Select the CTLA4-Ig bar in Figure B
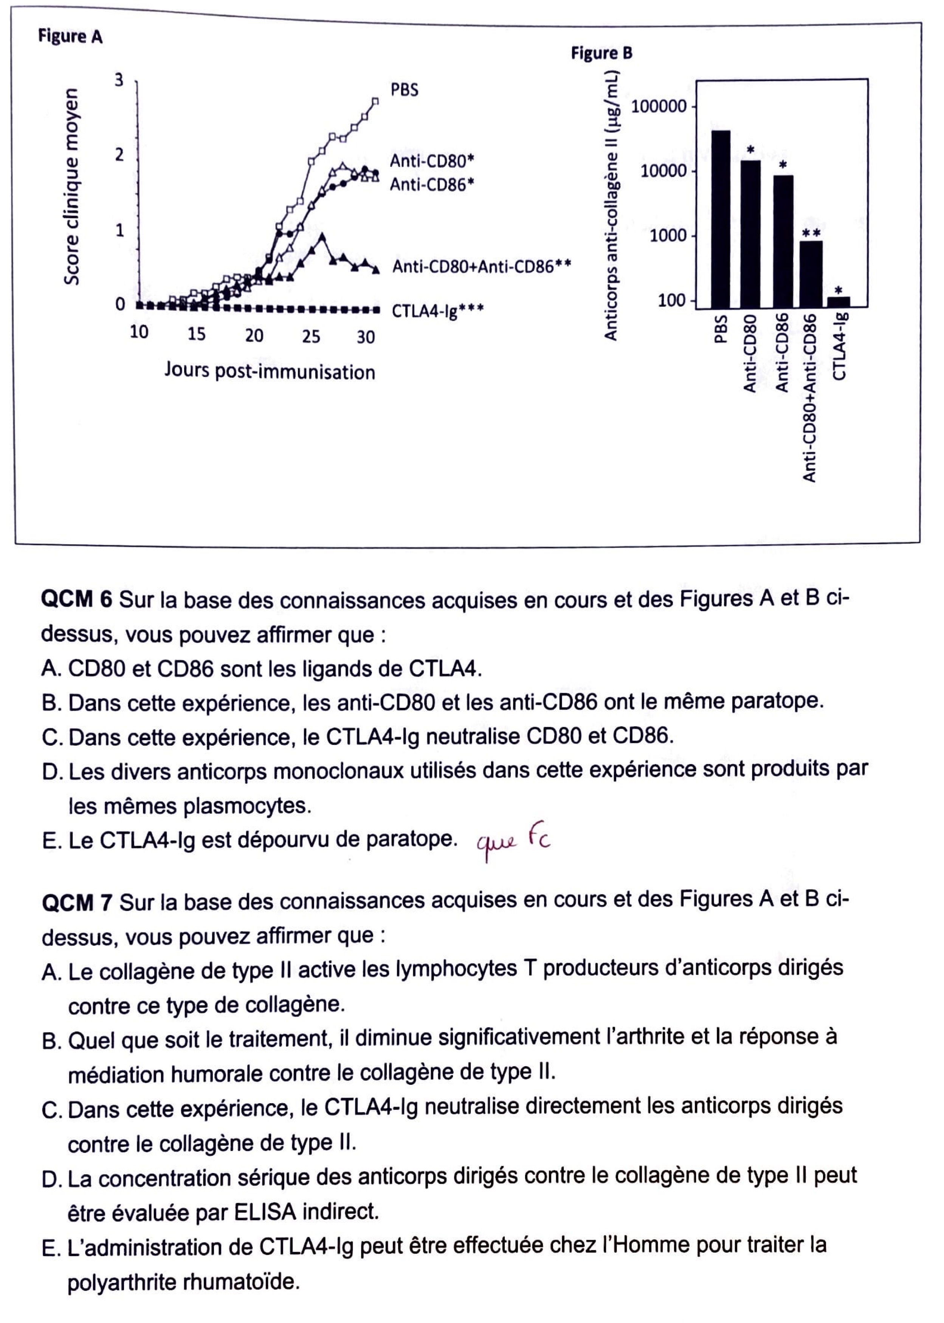839,301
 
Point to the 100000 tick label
659,107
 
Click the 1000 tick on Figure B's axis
668,236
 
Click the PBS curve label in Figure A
404,90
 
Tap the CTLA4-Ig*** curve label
437,311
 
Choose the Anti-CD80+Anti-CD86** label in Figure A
481,266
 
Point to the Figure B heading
601,53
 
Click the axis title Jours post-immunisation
270,371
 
